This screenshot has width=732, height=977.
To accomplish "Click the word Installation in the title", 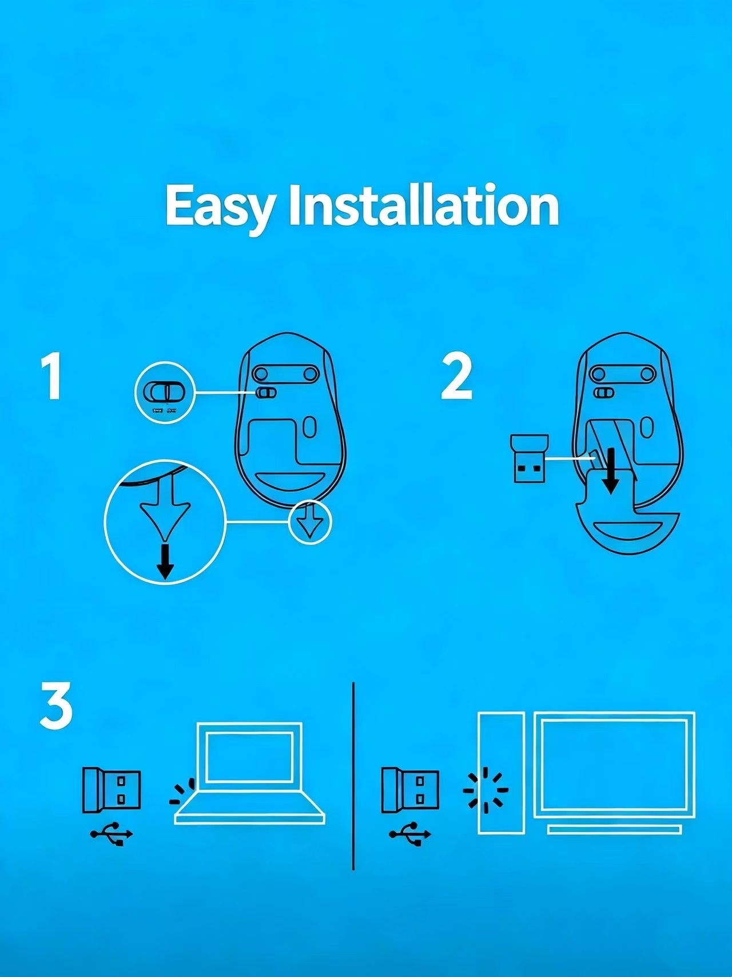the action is (424, 205).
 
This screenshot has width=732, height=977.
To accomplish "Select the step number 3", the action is (56, 705).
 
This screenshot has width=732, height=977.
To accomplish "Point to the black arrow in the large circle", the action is (165, 561).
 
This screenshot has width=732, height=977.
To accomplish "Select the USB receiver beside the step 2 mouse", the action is (528, 458).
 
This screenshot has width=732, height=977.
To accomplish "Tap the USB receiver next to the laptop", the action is (112, 790).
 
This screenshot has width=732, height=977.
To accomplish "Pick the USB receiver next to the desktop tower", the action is (410, 790).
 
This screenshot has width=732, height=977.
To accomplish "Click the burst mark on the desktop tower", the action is (486, 790).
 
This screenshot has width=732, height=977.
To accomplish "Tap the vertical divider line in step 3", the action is (353, 776).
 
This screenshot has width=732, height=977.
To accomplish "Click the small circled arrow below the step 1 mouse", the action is (310, 522).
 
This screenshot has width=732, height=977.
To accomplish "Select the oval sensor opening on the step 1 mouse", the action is (309, 427).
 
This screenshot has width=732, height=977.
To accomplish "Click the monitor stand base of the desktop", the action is (614, 829).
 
